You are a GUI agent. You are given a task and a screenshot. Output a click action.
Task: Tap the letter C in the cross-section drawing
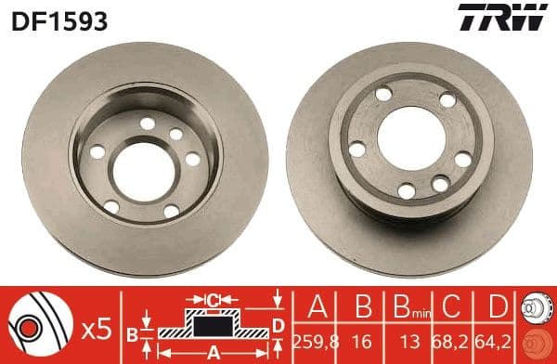[x=214, y=299]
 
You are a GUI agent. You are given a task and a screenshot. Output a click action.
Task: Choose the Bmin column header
[x=406, y=305]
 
